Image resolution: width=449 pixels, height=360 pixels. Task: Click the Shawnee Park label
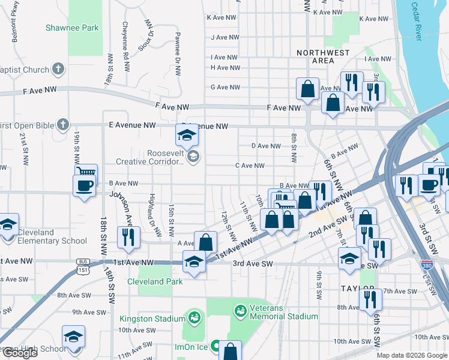[x=72, y=28]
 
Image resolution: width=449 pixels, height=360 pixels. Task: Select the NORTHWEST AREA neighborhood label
[x=323, y=57]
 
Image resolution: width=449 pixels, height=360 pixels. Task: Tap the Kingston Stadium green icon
[x=194, y=316]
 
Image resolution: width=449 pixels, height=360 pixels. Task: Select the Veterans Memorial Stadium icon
[x=240, y=311]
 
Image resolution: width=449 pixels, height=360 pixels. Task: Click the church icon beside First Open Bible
[x=63, y=125]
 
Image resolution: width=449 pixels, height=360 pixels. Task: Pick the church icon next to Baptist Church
[x=58, y=69]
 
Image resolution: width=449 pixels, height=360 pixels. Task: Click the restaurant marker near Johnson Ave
[x=128, y=236]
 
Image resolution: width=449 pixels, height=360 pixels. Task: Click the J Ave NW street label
[x=225, y=37]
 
